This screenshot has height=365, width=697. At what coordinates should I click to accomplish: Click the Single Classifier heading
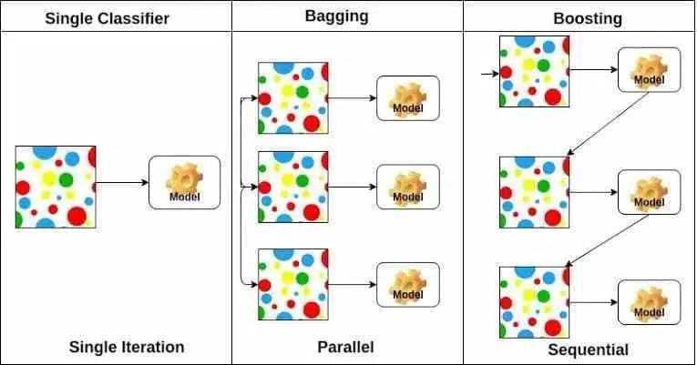(x=108, y=18)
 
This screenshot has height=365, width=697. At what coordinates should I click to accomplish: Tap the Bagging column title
(x=336, y=16)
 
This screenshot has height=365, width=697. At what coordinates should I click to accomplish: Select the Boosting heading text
(x=587, y=18)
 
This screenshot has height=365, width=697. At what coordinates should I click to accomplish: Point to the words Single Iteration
(x=127, y=347)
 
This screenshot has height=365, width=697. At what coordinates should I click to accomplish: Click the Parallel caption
(x=345, y=347)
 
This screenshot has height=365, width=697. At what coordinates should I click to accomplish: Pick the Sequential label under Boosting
(x=588, y=350)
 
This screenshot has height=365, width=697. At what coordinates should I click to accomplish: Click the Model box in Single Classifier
(x=184, y=182)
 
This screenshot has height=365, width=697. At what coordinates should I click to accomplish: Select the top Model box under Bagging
(x=408, y=98)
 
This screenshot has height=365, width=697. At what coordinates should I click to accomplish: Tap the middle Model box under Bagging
(x=408, y=187)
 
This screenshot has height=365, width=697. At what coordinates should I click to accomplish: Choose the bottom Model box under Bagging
(x=408, y=285)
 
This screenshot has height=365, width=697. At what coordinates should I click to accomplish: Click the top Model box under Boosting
(x=649, y=70)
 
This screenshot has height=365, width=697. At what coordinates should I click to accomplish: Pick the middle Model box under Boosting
(x=649, y=192)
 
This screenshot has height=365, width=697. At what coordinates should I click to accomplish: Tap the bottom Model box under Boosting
(x=649, y=302)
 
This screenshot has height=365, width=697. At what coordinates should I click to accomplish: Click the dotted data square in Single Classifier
(x=56, y=187)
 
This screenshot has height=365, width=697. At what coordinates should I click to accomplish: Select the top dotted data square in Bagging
(x=293, y=98)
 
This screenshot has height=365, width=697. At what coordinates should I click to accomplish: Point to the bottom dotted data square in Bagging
(x=293, y=285)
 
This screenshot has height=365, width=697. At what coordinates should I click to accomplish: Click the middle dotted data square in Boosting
(x=534, y=192)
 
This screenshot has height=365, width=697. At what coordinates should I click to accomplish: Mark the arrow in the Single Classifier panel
(x=122, y=182)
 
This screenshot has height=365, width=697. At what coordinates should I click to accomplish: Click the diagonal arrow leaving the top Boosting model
(x=608, y=124)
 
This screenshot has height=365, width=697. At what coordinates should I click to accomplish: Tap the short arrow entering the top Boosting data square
(x=490, y=74)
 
